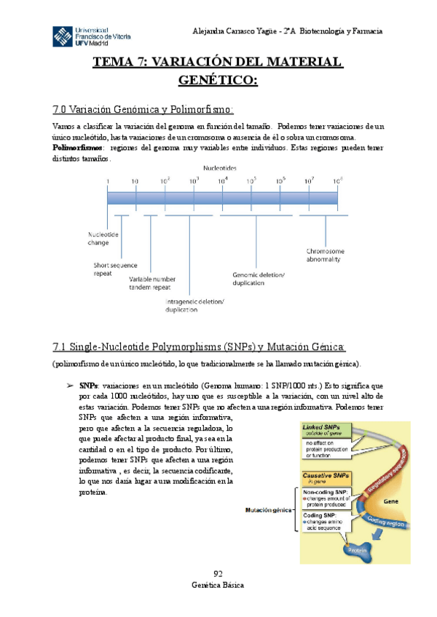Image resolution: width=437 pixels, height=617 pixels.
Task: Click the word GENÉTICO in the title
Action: (218, 79)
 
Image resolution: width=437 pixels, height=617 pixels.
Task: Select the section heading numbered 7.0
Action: (143, 110)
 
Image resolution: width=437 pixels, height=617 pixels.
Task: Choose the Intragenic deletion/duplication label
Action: (194, 306)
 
